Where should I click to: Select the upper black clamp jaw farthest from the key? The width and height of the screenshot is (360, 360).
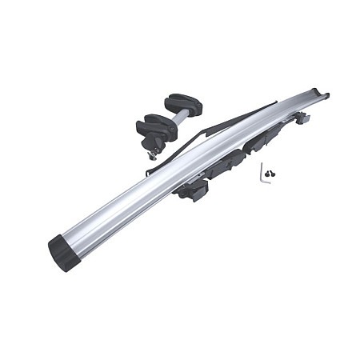(x=183, y=104)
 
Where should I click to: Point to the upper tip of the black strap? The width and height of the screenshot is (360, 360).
(x=275, y=102)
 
